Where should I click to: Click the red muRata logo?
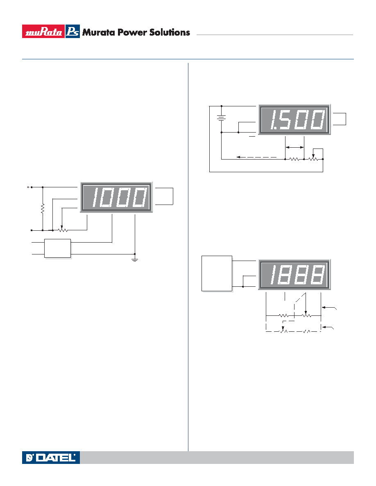click(x=43, y=32)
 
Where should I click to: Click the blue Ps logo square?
click(x=72, y=32)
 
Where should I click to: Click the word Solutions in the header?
click(x=170, y=32)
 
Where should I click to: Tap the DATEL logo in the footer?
click(x=51, y=457)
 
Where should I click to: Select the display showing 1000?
click(x=116, y=197)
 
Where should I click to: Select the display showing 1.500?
click(x=294, y=119)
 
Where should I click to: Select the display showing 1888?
click(x=294, y=274)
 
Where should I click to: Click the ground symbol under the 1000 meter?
click(x=135, y=258)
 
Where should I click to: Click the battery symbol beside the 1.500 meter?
click(x=221, y=118)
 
